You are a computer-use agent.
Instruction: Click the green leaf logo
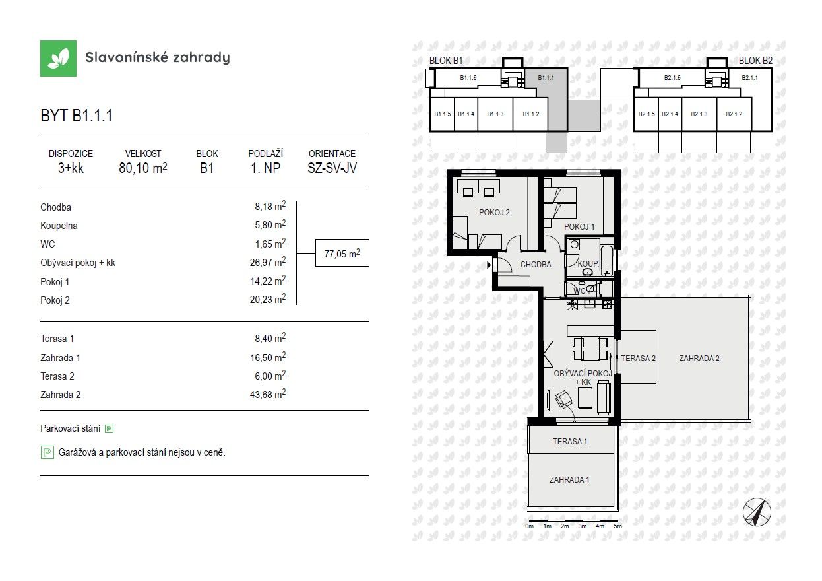coord(58,58)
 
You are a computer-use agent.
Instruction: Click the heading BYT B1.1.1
coord(77,116)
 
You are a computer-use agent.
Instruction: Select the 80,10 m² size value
coord(142,168)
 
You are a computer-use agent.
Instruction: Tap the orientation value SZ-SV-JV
coord(331,168)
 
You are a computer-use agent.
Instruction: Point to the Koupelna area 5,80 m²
coord(271,225)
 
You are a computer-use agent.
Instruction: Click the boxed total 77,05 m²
coord(341,252)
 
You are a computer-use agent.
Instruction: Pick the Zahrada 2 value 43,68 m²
coord(271,394)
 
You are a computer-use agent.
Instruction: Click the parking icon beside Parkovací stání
coord(110,428)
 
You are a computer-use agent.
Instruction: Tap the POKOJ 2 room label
coord(495,213)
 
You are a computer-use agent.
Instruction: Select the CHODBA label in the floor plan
coord(536,265)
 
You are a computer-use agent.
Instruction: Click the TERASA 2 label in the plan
coord(638,358)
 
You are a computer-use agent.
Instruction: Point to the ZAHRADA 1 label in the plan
coord(569,479)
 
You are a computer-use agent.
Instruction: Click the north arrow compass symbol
coord(757,512)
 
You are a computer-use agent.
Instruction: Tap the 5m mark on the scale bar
coord(617,526)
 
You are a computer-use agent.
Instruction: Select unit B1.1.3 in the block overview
coord(495,114)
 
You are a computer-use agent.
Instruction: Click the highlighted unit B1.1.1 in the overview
coord(546,78)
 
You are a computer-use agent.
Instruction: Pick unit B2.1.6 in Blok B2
coord(672,78)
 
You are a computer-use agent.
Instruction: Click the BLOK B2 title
coord(755,60)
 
